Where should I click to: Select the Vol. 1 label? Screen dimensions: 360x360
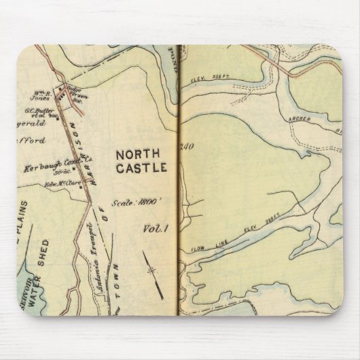pos(156,229)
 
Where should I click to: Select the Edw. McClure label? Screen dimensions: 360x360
pos(62,182)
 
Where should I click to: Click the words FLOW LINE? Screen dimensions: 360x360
pos(203,247)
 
